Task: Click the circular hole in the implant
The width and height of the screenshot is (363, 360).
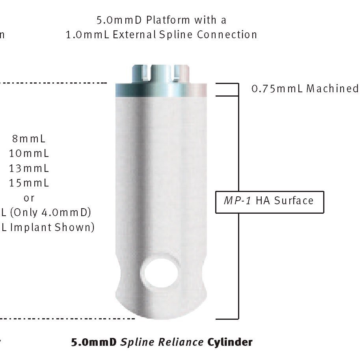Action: coord(160,272)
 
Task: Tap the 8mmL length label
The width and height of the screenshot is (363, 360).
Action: coord(29,139)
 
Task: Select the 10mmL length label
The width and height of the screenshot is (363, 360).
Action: coord(29,153)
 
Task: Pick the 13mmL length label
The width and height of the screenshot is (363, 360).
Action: coord(29,168)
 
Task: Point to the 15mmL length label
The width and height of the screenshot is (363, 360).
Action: coord(29,183)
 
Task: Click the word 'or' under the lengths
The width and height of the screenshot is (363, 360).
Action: coord(29,198)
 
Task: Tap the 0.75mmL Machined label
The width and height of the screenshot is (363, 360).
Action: coord(305,88)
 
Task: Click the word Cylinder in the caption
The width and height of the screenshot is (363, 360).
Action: coord(230,342)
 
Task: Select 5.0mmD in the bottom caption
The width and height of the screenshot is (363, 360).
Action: coord(94,342)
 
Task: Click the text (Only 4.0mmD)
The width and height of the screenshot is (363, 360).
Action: coord(50,213)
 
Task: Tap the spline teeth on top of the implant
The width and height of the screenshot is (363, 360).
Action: coord(160,73)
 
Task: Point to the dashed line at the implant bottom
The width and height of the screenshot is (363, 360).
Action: coord(67,318)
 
